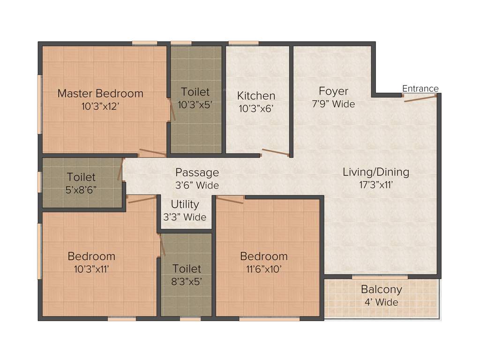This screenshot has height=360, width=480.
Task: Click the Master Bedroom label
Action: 100,93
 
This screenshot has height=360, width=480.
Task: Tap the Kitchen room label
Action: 256,96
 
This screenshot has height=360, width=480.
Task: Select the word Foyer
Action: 333,91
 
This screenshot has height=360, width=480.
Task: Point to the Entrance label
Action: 420,89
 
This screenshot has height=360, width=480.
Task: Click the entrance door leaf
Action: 420,98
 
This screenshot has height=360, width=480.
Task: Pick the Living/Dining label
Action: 376,172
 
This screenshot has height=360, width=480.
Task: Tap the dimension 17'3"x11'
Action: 376,185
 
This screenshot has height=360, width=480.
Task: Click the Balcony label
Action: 381,289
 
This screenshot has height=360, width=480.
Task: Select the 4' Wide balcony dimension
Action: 381,302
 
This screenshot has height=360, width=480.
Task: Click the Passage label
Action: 197,172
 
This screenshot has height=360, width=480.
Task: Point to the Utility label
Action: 185,204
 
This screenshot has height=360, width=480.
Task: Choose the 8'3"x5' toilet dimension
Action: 187,281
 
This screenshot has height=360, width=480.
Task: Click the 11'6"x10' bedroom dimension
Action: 264,269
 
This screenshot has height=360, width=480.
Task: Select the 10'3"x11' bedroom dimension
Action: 91,269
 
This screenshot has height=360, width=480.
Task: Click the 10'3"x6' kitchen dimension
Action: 256,108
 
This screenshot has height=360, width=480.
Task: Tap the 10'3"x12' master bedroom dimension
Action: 100,106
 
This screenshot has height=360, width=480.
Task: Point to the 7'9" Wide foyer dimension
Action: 333,104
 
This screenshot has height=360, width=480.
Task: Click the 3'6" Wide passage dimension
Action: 197,185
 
